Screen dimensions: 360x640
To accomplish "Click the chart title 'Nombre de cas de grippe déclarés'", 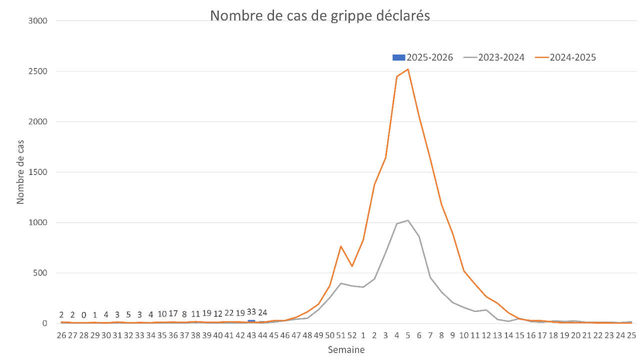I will coord(320,15).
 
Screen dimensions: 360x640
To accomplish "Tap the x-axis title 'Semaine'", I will coord(346,350).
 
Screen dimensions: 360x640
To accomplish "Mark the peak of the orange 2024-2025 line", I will coord(408,69).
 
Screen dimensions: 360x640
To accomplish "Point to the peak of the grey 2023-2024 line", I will coord(408,220).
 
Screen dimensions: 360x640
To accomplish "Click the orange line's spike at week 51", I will coord(341,246).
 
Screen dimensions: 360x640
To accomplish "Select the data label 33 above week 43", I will coord(251,312).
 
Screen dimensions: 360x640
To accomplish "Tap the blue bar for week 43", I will coord(251,321).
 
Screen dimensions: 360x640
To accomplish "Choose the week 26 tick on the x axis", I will coord(61,334).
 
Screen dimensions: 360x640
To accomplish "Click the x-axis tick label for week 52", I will coord(352,334).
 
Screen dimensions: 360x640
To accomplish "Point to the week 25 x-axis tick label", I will coord(631,334).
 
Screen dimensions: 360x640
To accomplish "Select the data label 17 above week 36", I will coord(173,314).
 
